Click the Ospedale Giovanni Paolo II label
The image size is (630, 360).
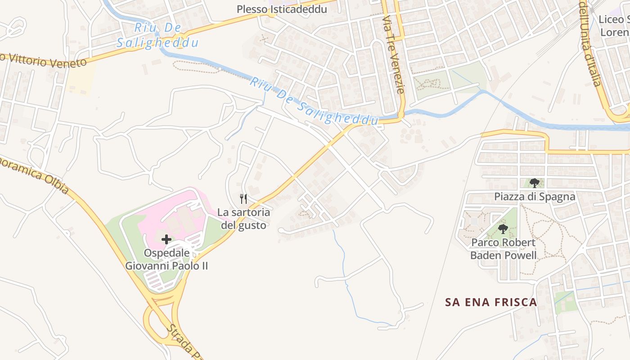[x=166, y=259]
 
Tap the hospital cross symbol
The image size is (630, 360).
[x=166, y=239]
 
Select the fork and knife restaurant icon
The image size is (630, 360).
[x=243, y=198]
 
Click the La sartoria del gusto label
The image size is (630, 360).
[x=243, y=218]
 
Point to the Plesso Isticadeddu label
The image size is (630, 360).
[x=282, y=9]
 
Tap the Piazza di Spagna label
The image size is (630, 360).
[x=535, y=197]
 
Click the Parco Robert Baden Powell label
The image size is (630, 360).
[x=503, y=249]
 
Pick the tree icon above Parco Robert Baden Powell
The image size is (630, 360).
[x=503, y=229]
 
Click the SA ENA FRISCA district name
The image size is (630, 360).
[x=491, y=302]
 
